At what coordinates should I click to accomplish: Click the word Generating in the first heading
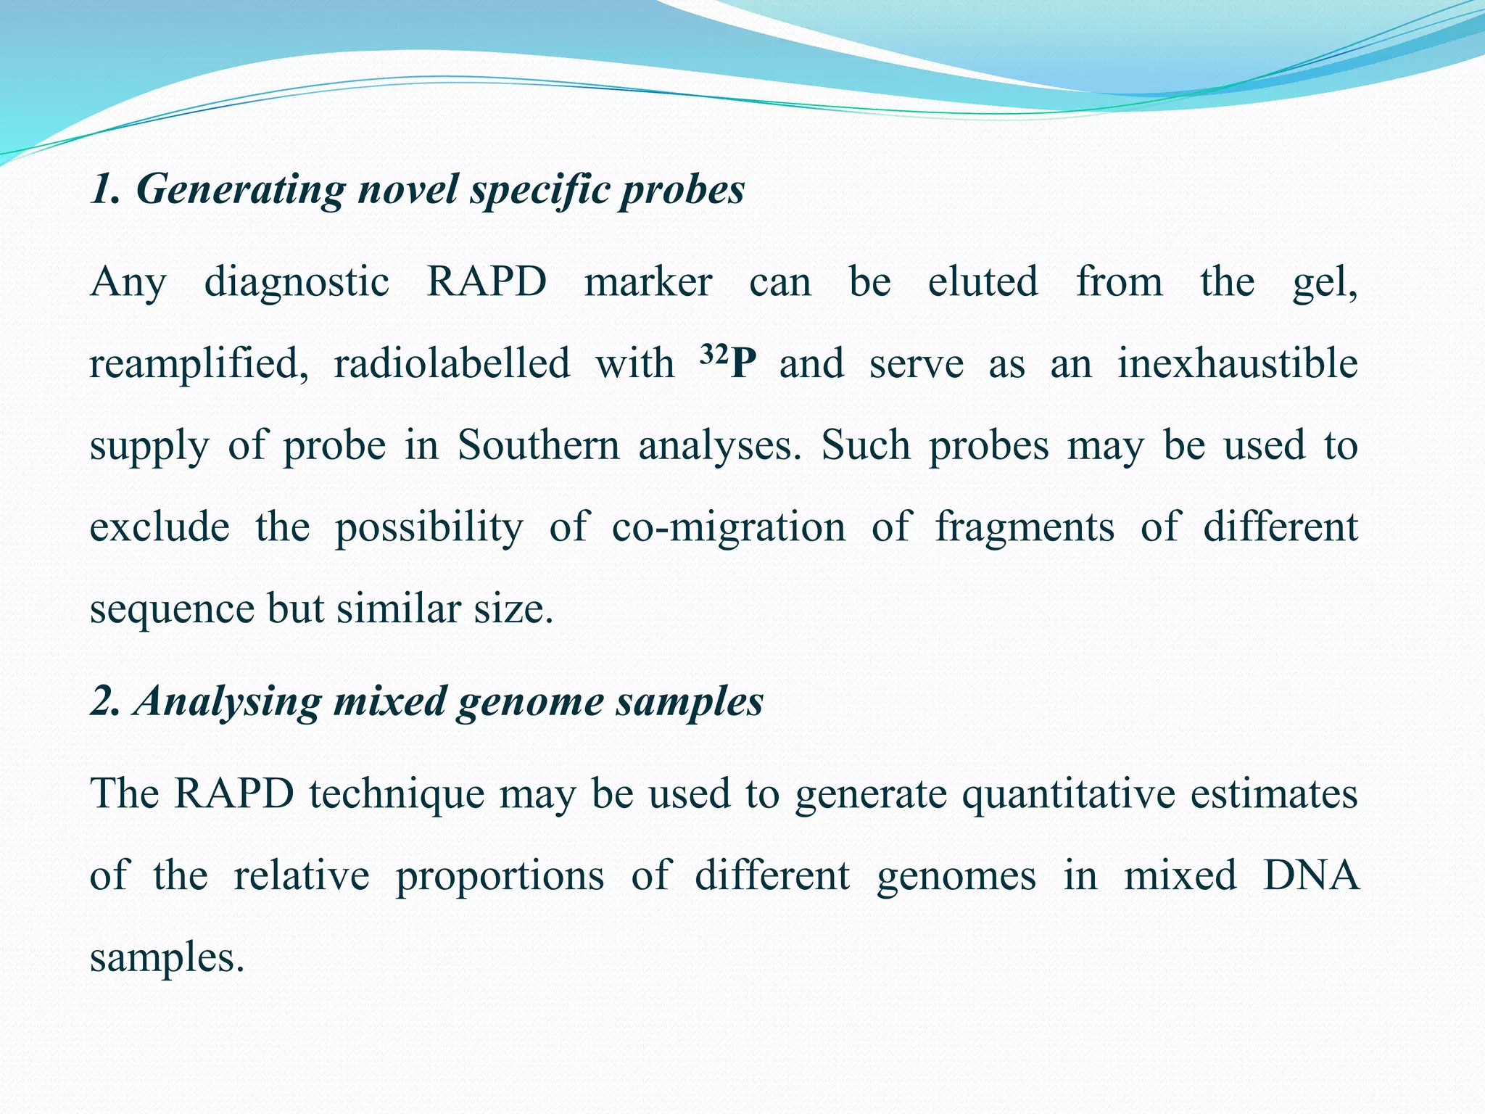[x=239, y=191]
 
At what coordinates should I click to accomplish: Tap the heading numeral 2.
[x=102, y=702]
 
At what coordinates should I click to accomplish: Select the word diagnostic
[x=297, y=282]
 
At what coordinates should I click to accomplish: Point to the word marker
[x=648, y=282]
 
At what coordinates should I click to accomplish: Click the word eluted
[x=983, y=282]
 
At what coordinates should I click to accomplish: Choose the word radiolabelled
[x=452, y=364]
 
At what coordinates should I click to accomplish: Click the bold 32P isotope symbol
[x=728, y=363]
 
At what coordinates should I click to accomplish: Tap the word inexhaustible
[x=1237, y=364]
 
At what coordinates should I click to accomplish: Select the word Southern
[x=538, y=445]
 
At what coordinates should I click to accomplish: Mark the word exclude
[x=160, y=527]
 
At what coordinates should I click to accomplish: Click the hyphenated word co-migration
[x=728, y=527]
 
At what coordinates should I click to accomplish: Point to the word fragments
[x=1025, y=527]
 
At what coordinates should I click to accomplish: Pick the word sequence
[x=172, y=609]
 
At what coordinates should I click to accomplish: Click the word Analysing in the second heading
[x=228, y=702]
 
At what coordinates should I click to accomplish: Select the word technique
[x=397, y=794]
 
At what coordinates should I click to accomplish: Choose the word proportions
[x=500, y=876]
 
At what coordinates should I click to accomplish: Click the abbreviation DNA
[x=1310, y=876]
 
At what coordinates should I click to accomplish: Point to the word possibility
[x=429, y=527]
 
